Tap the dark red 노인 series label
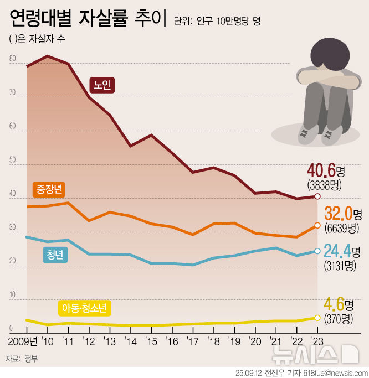[x=102, y=85]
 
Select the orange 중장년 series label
[x=49, y=189]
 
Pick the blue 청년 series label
[x=55, y=255]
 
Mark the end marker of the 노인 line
[x=317, y=196]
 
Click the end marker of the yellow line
[x=317, y=318]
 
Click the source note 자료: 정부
[x=21, y=359]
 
